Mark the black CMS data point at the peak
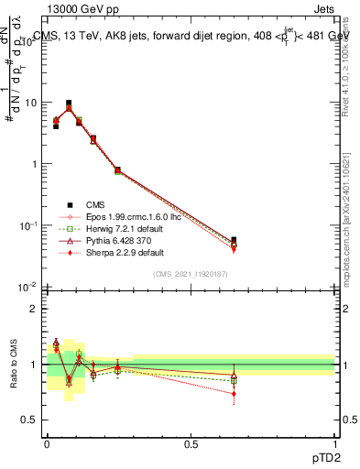[x=69, y=104]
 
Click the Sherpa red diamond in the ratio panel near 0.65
[x=234, y=394]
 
